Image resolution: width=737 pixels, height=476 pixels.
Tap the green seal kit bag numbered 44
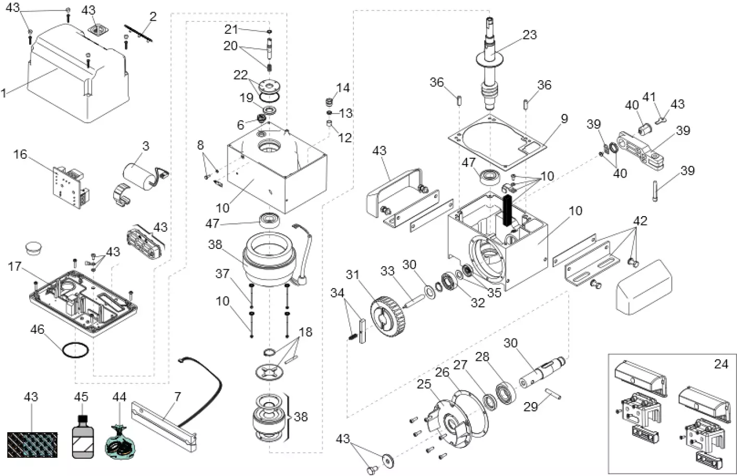point(120,443)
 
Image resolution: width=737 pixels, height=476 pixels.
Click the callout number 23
point(530,35)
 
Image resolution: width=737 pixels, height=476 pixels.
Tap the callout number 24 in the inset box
point(721,364)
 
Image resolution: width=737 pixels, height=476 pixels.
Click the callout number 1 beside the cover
point(4,93)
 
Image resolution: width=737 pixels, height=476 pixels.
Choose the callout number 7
point(177,397)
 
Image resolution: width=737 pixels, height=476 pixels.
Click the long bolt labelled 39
point(655,191)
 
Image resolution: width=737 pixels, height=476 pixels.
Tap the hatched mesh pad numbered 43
point(32,445)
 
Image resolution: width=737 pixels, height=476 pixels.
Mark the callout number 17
point(15,266)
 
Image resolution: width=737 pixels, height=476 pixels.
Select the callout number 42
point(640,221)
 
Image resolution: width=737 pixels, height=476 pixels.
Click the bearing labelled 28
point(506,393)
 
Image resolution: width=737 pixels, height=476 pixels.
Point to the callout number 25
point(424,384)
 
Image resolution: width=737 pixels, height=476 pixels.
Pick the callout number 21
point(231,30)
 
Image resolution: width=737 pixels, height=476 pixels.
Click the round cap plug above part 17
point(33,249)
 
